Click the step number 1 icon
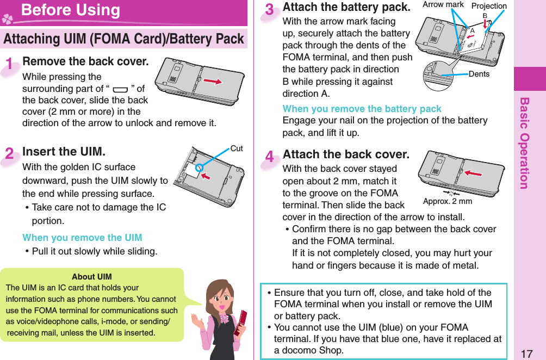[x=10, y=64]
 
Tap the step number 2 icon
[x=10, y=153]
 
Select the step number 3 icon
[x=270, y=10]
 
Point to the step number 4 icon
[x=270, y=158]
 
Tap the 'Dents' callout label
[x=479, y=74]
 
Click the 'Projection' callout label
[x=488, y=6]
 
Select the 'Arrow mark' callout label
[x=443, y=5]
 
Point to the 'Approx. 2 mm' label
[x=447, y=201]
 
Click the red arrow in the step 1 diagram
[x=213, y=81]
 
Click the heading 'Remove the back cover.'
[x=85, y=61]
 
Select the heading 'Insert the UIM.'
[x=64, y=151]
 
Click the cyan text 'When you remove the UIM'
[x=82, y=238]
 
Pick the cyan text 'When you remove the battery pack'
[x=362, y=109]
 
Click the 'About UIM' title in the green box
[x=91, y=277]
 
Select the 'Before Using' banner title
[x=71, y=10]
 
